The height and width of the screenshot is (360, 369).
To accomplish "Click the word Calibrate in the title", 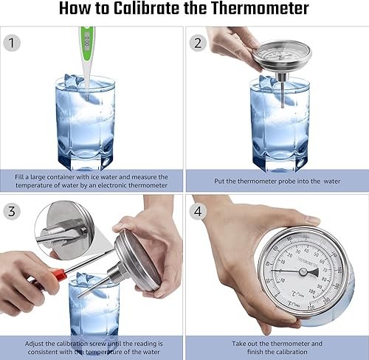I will tap(170, 10).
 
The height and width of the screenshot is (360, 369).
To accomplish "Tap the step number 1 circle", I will tap(12, 43).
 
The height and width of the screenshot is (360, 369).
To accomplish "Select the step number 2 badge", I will tap(196, 43).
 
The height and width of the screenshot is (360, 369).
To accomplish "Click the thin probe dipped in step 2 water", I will tap(283, 92).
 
